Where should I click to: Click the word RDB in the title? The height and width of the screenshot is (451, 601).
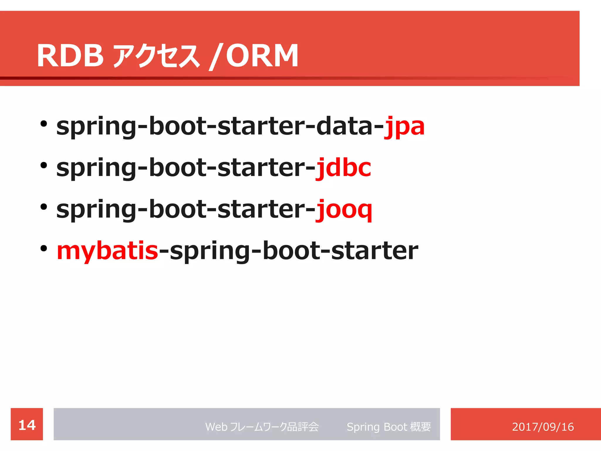(x=70, y=56)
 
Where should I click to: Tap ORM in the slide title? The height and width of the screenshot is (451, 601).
(x=262, y=56)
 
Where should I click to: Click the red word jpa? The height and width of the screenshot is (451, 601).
(x=404, y=127)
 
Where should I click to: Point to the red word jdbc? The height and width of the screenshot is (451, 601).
(x=343, y=168)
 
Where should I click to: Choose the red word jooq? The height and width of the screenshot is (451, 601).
(x=344, y=210)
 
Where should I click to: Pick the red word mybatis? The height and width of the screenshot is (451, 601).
(x=107, y=251)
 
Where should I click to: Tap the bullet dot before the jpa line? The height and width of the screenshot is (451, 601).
(x=44, y=124)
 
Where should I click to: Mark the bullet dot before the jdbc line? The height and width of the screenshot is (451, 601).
(x=44, y=166)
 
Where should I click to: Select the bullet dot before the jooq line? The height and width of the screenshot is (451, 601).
(x=44, y=207)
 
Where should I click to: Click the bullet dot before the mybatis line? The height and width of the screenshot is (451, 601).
(x=44, y=249)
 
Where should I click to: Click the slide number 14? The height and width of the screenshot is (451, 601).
(x=27, y=425)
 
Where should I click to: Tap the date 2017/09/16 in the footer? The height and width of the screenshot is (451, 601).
(x=543, y=427)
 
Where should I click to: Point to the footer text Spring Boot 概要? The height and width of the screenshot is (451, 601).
(x=389, y=427)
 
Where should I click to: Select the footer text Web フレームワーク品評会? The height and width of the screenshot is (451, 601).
(x=262, y=427)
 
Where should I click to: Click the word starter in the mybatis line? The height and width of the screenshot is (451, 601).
(x=374, y=251)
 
